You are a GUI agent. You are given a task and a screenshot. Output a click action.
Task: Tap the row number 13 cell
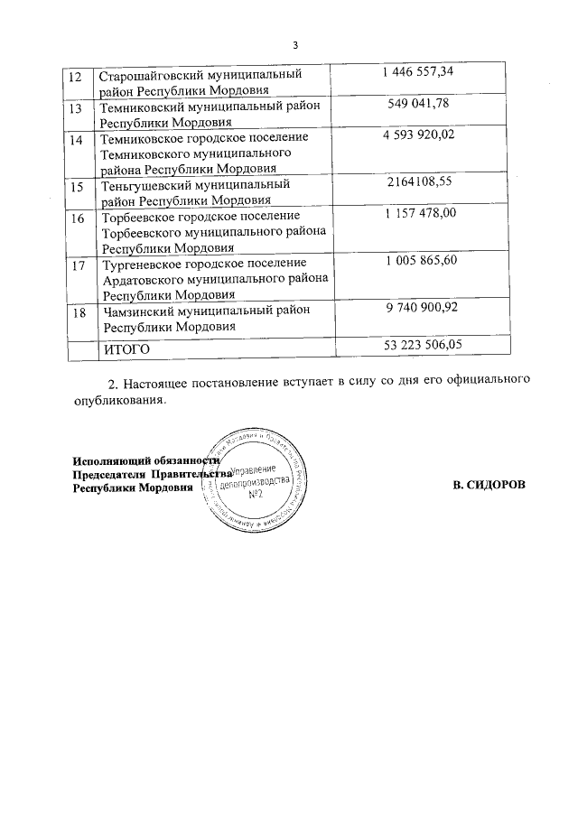click(x=76, y=107)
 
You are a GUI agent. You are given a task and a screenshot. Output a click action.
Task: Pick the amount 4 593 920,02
click(x=422, y=137)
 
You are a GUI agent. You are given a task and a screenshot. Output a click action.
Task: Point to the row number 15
click(x=76, y=186)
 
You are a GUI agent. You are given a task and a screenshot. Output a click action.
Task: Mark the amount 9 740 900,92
click(x=422, y=309)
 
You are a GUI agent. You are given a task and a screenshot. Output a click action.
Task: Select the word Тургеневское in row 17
click(x=144, y=263)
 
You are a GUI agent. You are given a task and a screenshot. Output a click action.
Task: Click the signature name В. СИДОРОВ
click(x=489, y=486)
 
